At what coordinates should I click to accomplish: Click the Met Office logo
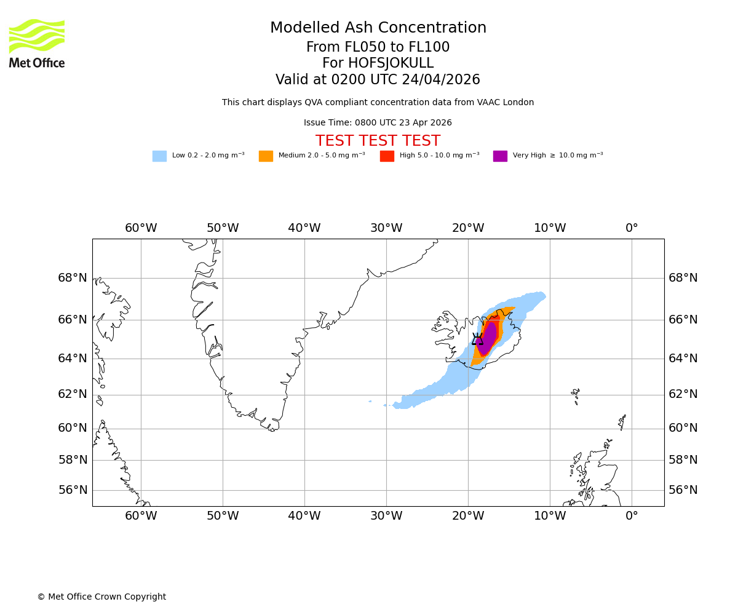[x=37, y=43]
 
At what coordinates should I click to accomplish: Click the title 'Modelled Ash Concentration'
[x=378, y=28]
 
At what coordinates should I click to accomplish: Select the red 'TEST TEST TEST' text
[x=378, y=141]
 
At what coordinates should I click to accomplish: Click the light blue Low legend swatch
[x=159, y=156]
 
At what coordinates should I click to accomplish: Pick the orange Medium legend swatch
[x=266, y=156]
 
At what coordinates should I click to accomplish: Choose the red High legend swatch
[x=387, y=156]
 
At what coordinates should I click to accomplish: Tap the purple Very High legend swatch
[x=500, y=156]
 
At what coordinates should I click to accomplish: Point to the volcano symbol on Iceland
[x=477, y=339]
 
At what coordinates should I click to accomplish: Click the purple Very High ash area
[x=488, y=338]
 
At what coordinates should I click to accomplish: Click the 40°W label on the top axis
[x=304, y=228]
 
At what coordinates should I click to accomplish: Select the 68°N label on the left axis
[x=73, y=278]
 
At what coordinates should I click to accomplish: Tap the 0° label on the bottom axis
[x=632, y=516]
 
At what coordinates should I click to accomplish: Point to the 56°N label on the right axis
[x=683, y=490]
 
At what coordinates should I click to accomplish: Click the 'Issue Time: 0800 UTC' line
[x=378, y=123]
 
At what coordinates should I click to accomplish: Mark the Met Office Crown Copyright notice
[x=101, y=597]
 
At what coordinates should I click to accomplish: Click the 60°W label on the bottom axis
[x=141, y=516]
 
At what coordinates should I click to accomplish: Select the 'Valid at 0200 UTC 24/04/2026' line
[x=378, y=80]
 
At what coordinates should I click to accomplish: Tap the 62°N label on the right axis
[x=683, y=394]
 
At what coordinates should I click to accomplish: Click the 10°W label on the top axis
[x=550, y=228]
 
